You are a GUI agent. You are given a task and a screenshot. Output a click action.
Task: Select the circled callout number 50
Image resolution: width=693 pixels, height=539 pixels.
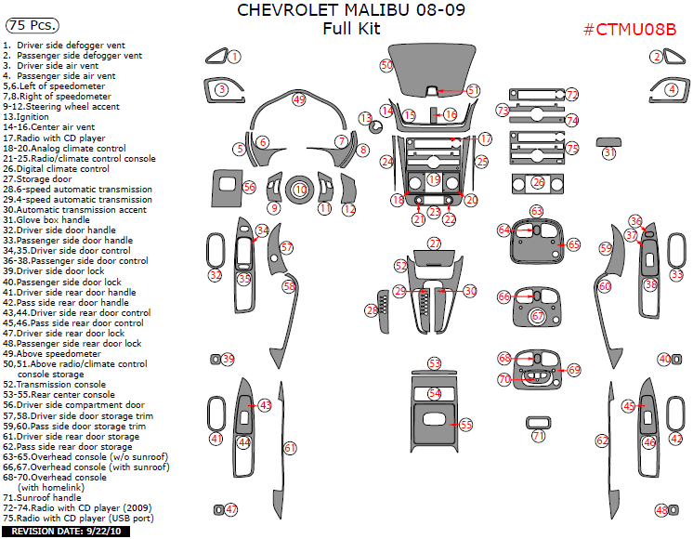point(386,65)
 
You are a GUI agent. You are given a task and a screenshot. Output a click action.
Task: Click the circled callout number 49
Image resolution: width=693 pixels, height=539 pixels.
point(298,99)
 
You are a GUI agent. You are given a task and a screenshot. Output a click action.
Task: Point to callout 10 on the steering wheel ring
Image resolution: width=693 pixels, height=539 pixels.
point(299,189)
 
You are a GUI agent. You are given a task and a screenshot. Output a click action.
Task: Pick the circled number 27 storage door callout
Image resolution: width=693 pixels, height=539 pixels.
point(434,243)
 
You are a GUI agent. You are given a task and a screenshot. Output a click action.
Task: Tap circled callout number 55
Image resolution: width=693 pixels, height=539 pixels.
point(465,424)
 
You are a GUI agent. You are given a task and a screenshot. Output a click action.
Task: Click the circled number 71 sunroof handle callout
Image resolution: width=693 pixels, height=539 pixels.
point(539,436)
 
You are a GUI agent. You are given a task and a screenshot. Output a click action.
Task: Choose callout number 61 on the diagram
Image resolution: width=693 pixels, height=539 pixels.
point(290,448)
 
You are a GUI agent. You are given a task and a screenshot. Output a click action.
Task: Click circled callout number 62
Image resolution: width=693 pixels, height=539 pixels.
point(602,440)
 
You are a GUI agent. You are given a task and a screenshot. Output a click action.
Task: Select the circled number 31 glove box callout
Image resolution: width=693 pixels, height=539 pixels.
point(609,152)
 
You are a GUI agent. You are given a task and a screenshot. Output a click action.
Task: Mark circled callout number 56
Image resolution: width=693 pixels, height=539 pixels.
point(249,187)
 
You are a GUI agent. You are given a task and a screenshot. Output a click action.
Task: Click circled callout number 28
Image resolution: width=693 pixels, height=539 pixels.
point(372,309)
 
